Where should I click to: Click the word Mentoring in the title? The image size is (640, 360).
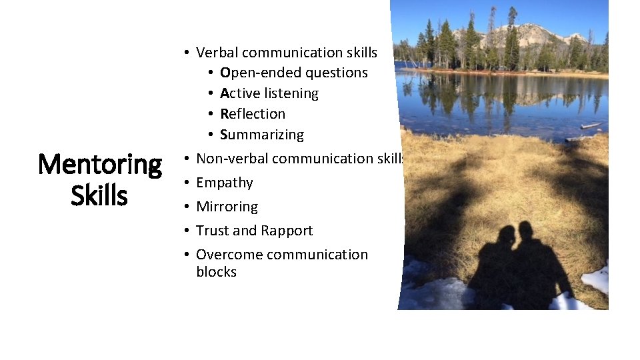coord(100,165)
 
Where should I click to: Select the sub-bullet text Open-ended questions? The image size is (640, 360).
coord(293,73)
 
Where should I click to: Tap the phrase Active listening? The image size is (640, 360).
coord(269,93)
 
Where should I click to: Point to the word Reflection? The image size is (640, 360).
coord(252,114)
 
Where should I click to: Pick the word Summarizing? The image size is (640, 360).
coord(261,135)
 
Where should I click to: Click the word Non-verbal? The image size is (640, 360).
coord(232,159)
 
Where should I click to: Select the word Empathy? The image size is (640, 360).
coord(224,183)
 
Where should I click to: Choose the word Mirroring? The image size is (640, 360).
coord(227,207)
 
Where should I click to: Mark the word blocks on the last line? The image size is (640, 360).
coord(216,272)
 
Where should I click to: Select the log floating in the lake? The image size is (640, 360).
coord(591,125)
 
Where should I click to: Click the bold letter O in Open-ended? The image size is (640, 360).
coord(225,73)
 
